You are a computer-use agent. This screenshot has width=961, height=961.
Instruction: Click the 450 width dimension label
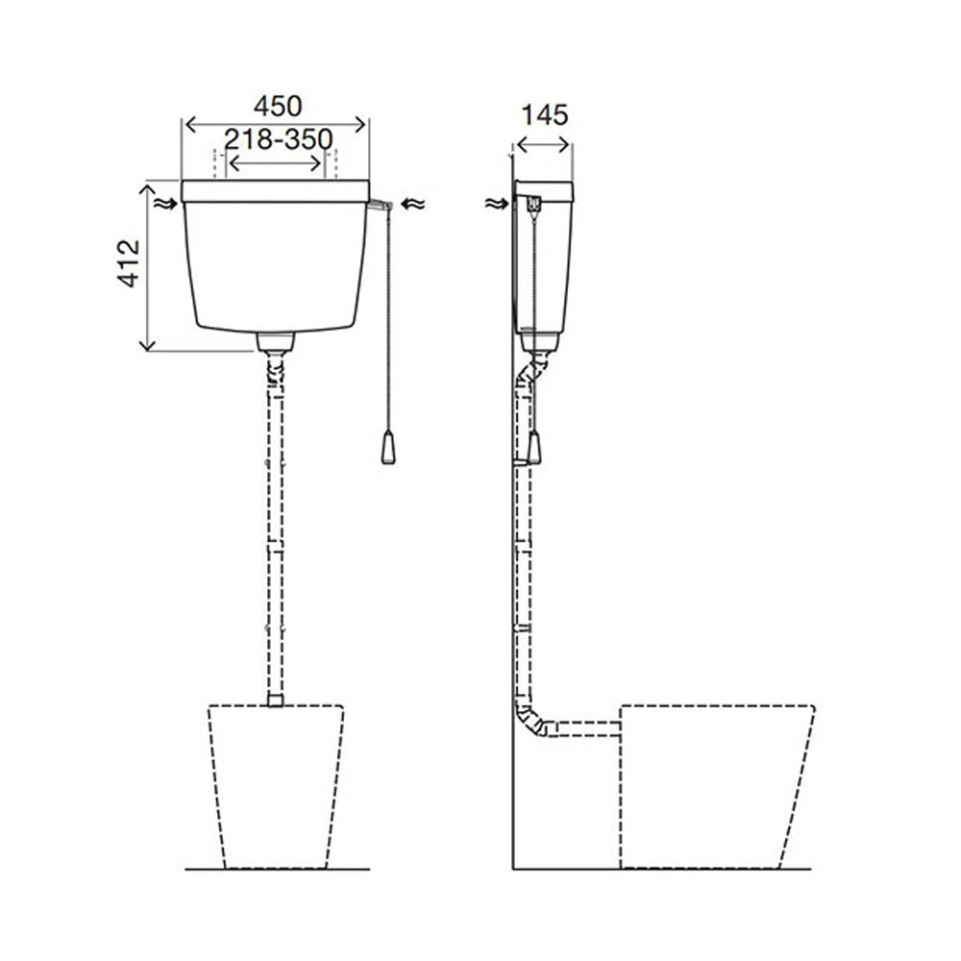(x=278, y=107)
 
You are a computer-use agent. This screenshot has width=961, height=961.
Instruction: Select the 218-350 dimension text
(x=279, y=139)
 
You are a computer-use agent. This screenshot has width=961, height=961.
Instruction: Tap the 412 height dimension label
(x=129, y=263)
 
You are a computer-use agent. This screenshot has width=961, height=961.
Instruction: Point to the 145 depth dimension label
(x=545, y=114)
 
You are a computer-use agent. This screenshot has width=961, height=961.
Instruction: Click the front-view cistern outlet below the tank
(x=275, y=342)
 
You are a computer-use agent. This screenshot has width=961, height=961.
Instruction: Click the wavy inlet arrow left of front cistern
(x=165, y=204)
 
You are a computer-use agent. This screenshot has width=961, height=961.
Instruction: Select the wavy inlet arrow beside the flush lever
(x=412, y=204)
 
